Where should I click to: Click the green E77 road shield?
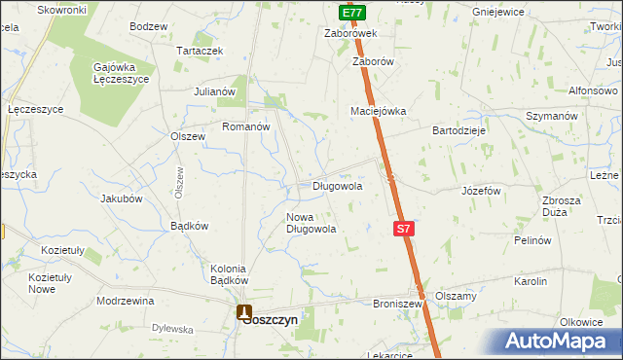[x=353, y=14]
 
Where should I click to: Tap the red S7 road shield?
[x=405, y=229]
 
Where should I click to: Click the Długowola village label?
[x=338, y=185]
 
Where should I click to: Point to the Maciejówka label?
[x=378, y=111]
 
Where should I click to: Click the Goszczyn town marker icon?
[x=243, y=313]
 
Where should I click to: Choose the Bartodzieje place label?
[x=459, y=129]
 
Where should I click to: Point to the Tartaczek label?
[x=200, y=51]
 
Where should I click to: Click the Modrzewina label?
[x=126, y=301]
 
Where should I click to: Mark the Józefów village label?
[x=481, y=191]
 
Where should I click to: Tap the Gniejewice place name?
[x=497, y=12]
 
